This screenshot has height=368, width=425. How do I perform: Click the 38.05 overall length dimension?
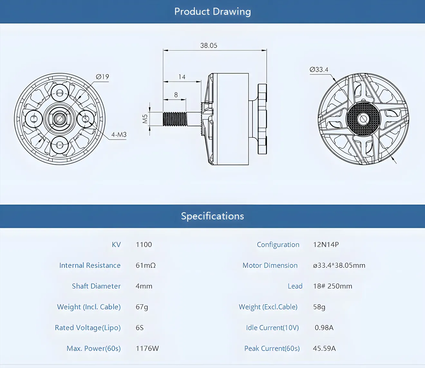click(209, 46)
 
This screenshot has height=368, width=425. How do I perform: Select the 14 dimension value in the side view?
click(182, 77)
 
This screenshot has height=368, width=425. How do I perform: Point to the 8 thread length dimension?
click(176, 95)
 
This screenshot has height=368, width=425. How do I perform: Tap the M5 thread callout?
click(145, 119)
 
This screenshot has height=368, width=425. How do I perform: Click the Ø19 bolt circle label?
click(102, 77)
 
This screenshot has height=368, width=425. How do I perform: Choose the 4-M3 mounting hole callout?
click(119, 135)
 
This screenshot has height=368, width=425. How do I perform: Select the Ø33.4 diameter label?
click(319, 69)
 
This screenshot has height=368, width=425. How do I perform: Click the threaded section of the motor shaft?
click(175, 119)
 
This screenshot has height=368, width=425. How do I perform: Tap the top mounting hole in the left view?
click(60, 93)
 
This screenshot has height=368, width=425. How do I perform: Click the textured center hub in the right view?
click(363, 119)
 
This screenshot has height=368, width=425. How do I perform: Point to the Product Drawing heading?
click(212, 12)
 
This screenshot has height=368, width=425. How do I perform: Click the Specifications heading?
click(212, 216)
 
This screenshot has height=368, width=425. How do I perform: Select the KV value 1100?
click(144, 245)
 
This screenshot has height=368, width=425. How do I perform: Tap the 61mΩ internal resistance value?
click(146, 265)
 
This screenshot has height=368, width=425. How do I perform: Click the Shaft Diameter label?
click(96, 286)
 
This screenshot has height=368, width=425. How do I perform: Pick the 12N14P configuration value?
click(326, 245)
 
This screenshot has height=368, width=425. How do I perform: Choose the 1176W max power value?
click(147, 348)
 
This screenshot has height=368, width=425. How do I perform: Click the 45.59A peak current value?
click(324, 348)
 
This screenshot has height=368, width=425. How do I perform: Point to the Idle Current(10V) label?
click(272, 328)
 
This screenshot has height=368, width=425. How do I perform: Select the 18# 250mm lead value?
click(333, 286)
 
